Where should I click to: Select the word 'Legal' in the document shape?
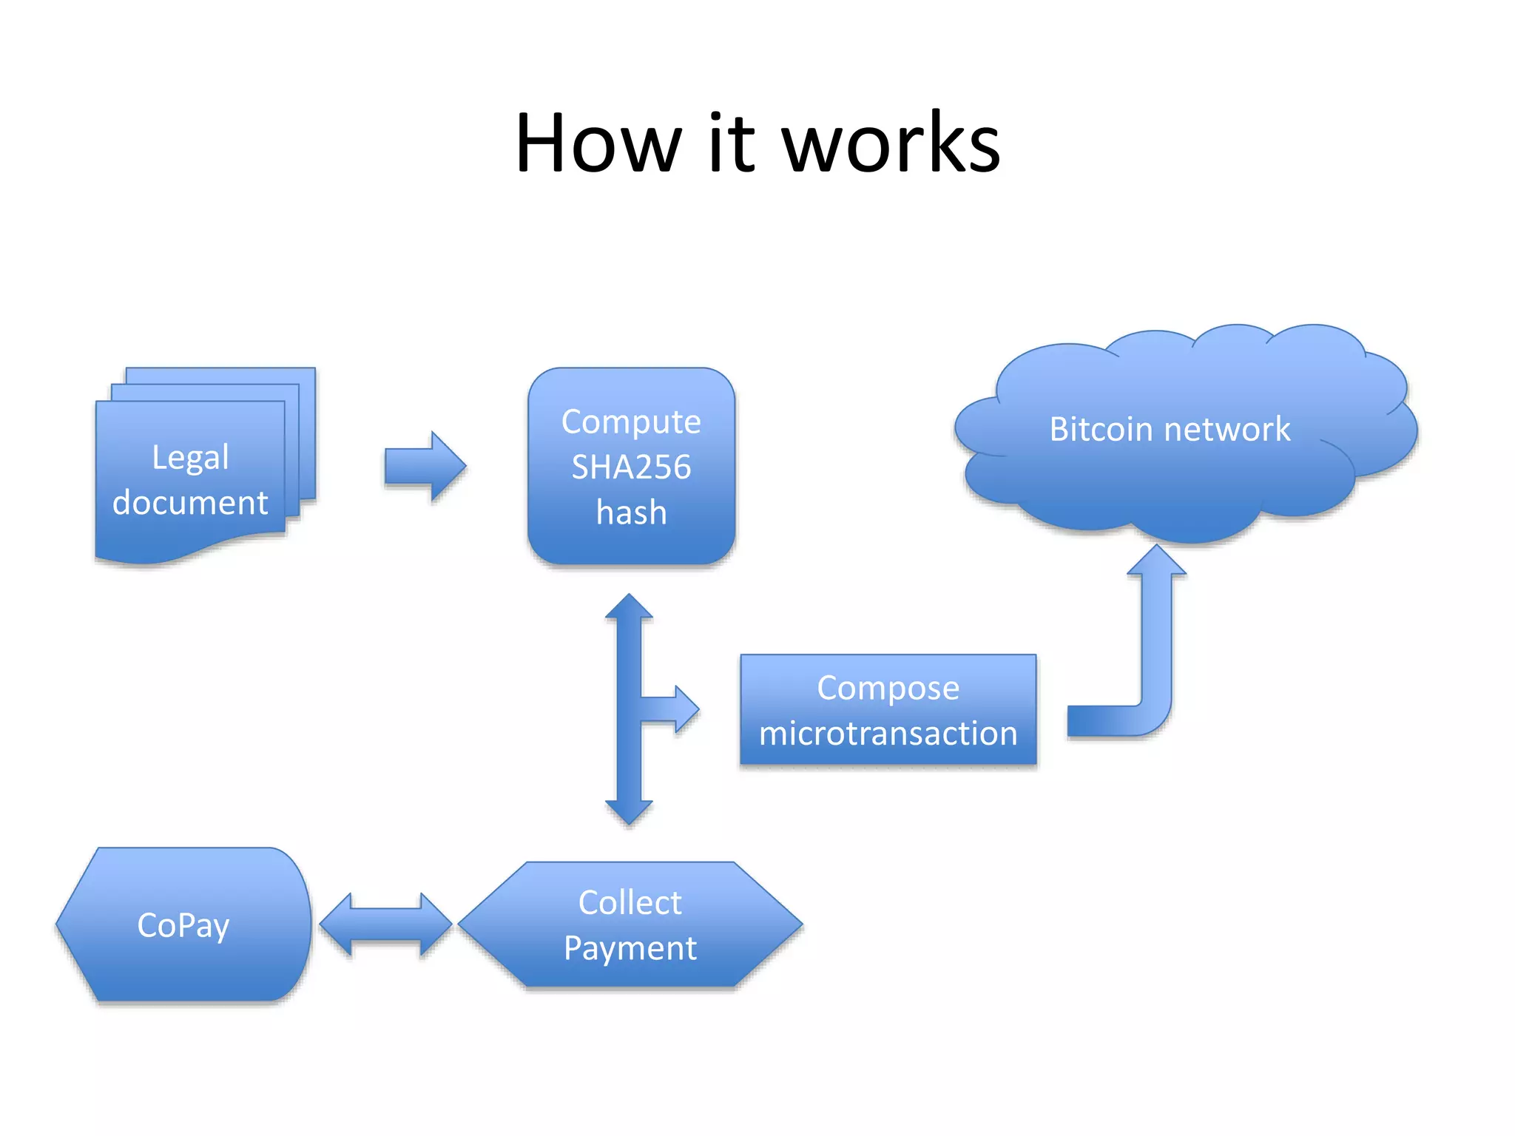coord(190,458)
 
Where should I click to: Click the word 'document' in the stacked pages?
coord(190,503)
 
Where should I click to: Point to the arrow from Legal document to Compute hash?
coord(425,467)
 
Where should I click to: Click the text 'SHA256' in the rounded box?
coord(631,467)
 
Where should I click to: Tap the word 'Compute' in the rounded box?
coord(631,422)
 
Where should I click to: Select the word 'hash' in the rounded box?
coord(631,513)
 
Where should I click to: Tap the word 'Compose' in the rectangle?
coord(888,688)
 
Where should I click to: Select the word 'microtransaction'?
coord(888,734)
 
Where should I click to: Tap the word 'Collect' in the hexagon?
coord(630,903)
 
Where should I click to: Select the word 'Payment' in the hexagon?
coord(630,948)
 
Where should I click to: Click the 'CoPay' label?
coord(183,925)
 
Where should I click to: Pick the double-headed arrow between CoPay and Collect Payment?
coord(385,924)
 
